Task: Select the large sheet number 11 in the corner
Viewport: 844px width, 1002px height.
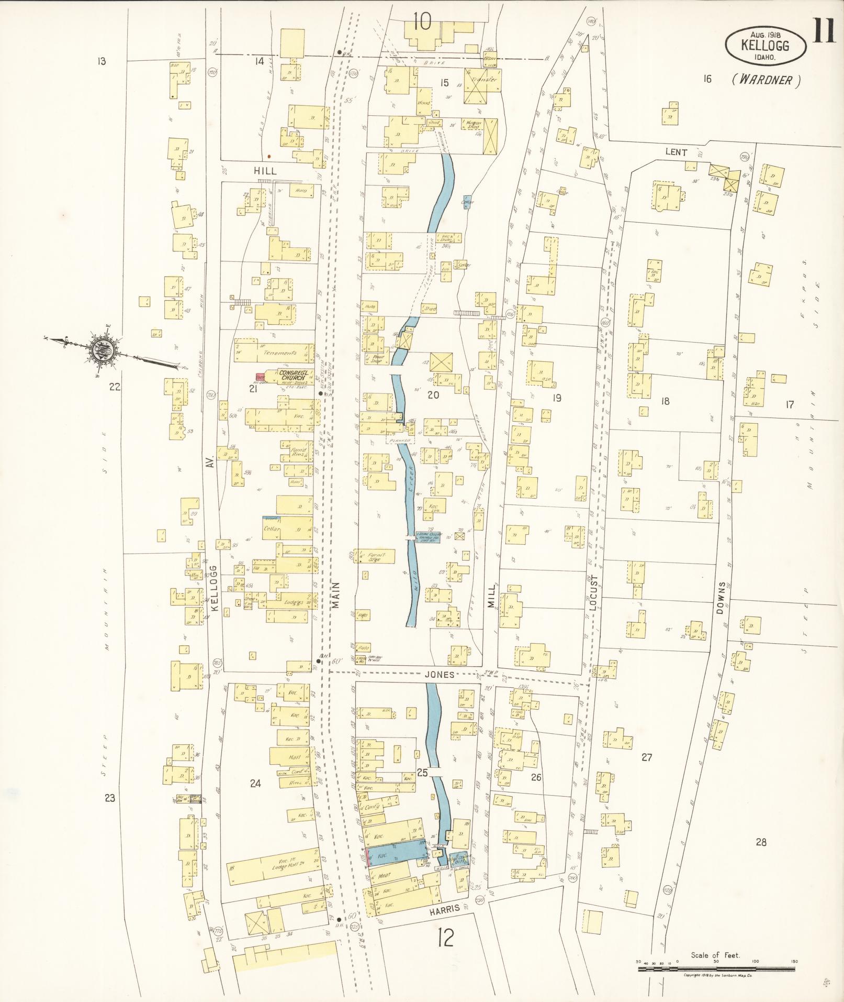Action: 824,32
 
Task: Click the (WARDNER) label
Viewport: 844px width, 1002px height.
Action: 767,80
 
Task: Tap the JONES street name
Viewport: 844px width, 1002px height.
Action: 442,675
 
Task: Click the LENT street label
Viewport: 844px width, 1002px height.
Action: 676,152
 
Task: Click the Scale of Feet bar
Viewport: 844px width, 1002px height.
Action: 715,968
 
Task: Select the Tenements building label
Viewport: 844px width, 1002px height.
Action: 280,353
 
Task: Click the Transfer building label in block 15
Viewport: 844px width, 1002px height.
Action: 482,80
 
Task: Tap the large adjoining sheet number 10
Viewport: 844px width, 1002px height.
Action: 421,21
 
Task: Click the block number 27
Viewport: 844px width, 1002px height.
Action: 647,757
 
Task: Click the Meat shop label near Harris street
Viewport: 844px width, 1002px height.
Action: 384,874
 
